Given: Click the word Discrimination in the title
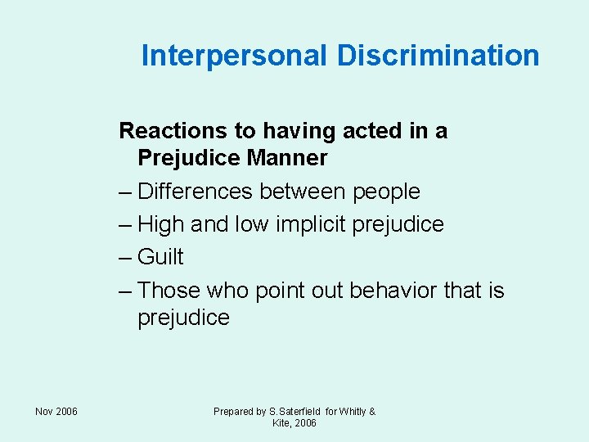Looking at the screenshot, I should click(x=438, y=56).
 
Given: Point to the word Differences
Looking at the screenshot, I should click(x=197, y=192).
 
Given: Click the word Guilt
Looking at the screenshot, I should click(x=160, y=257).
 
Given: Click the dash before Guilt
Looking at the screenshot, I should click(x=125, y=257).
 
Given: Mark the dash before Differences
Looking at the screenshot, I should click(x=125, y=192).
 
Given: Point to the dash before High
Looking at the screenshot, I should click(x=125, y=224).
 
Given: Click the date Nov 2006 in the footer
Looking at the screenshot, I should click(x=56, y=412).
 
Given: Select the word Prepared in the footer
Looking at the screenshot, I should click(x=234, y=412).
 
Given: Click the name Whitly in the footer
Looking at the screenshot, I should click(x=353, y=412).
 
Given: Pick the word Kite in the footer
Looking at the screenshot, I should click(x=282, y=423).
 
